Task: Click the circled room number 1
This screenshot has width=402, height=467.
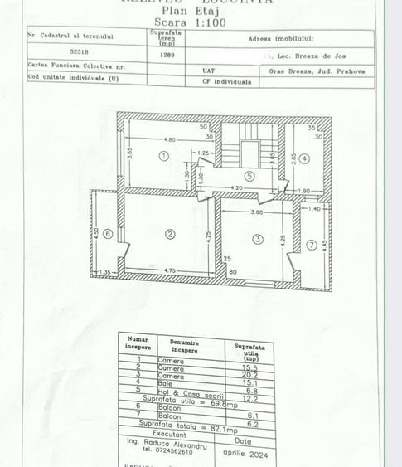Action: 163,156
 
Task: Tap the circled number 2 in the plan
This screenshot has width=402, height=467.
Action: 170,234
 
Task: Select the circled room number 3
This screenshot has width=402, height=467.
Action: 257,240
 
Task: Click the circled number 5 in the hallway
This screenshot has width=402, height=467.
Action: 249,175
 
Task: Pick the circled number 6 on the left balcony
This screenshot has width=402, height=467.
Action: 108,235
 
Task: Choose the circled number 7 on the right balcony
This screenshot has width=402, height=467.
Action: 311,245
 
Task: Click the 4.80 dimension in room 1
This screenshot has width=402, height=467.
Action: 169,139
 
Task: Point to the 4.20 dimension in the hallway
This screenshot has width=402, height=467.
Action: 235,188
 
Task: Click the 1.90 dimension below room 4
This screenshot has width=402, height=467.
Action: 303,191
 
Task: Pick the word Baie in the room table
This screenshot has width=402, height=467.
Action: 165,383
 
